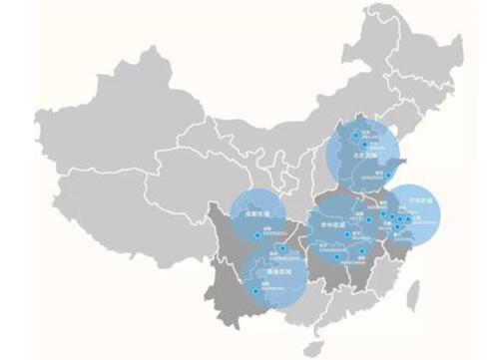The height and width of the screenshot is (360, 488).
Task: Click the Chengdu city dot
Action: pos(258,234)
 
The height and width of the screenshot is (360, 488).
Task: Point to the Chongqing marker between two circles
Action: pos(283,247)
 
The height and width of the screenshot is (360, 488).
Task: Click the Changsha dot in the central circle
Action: pos(337,257)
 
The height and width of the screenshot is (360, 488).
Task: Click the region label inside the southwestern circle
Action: pos(267,270)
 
